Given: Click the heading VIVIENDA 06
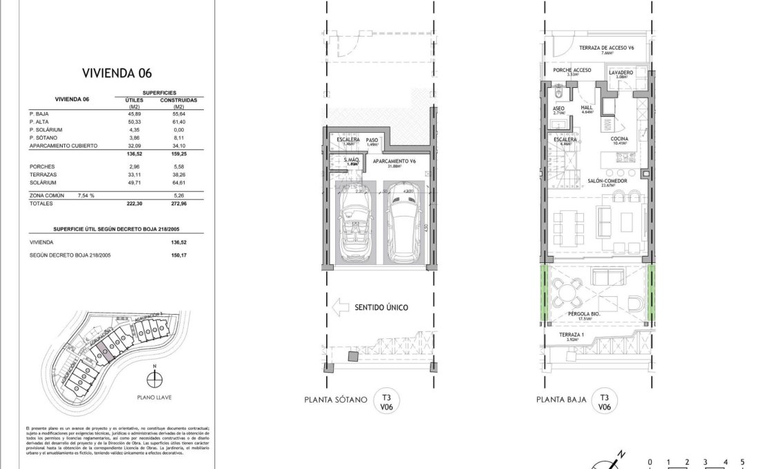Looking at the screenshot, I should click(x=117, y=73).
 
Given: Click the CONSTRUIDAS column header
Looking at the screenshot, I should click(x=178, y=100).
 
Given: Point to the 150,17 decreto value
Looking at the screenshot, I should click(x=178, y=255).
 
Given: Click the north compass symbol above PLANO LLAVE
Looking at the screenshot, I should click(x=156, y=379).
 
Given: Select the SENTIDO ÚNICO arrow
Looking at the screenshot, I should click(x=337, y=306).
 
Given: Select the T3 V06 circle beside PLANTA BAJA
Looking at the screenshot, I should click(x=604, y=402).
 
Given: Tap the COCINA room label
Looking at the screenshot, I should click(x=619, y=139).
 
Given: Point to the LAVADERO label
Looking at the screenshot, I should click(x=621, y=72).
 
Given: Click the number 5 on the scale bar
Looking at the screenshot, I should click(x=742, y=461).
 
